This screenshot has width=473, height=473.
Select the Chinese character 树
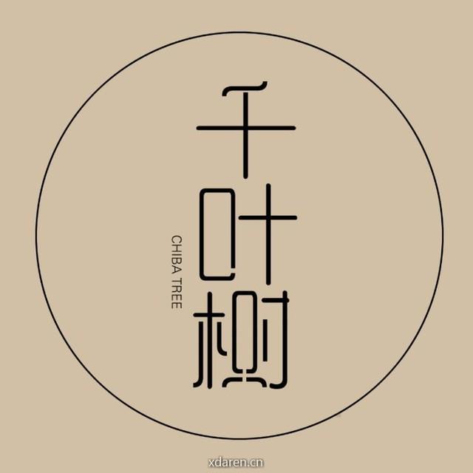242,339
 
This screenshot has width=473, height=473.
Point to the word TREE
177,293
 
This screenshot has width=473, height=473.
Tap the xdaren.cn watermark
236,462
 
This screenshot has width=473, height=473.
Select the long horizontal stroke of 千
246,128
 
